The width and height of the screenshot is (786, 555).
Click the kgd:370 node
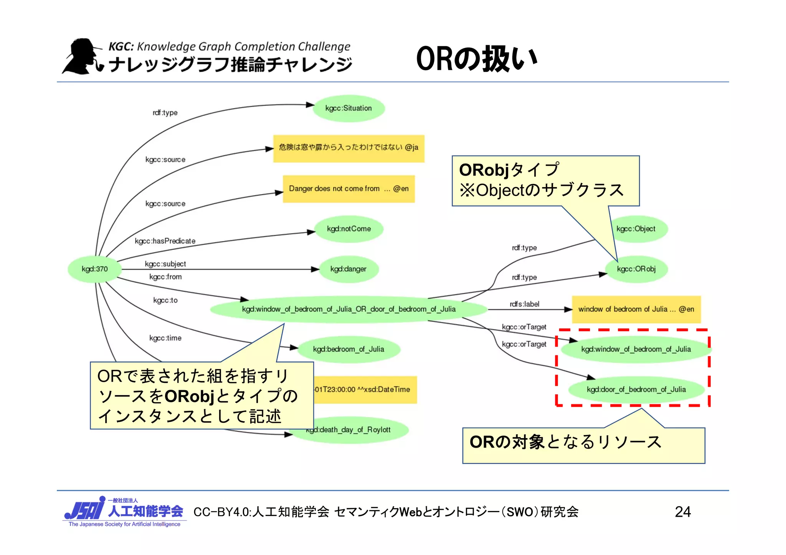coord(94,269)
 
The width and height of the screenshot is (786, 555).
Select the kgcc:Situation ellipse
coord(348,108)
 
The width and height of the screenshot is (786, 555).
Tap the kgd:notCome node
coord(349,229)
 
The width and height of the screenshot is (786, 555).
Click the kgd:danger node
coord(348,269)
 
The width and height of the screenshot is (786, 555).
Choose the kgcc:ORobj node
coord(636,269)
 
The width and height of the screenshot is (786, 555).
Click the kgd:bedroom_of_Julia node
coord(348,349)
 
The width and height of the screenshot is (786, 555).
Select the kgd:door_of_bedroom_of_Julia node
coord(636,389)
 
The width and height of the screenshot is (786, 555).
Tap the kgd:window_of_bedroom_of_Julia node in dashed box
coord(636,349)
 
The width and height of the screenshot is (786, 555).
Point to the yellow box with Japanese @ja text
coord(348,148)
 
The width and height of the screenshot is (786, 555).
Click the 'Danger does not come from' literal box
coord(348,189)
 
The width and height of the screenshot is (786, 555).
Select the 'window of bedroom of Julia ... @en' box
coord(636,309)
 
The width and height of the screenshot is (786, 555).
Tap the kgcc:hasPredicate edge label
coord(165,241)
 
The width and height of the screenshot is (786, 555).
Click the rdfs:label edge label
coord(524,304)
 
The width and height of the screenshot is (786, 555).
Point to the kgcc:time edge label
coord(165,338)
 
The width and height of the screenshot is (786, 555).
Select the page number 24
coord(683,512)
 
